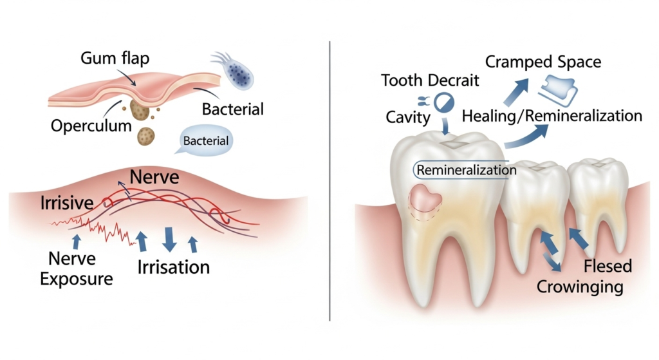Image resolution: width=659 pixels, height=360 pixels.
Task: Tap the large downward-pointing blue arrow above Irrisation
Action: (169, 238)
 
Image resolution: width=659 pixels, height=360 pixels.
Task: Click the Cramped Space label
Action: (543, 62)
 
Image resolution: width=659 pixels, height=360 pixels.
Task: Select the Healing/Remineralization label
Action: (552, 116)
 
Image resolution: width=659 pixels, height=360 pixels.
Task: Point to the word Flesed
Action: (608, 266)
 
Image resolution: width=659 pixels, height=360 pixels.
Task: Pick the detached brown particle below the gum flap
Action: (147, 135)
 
